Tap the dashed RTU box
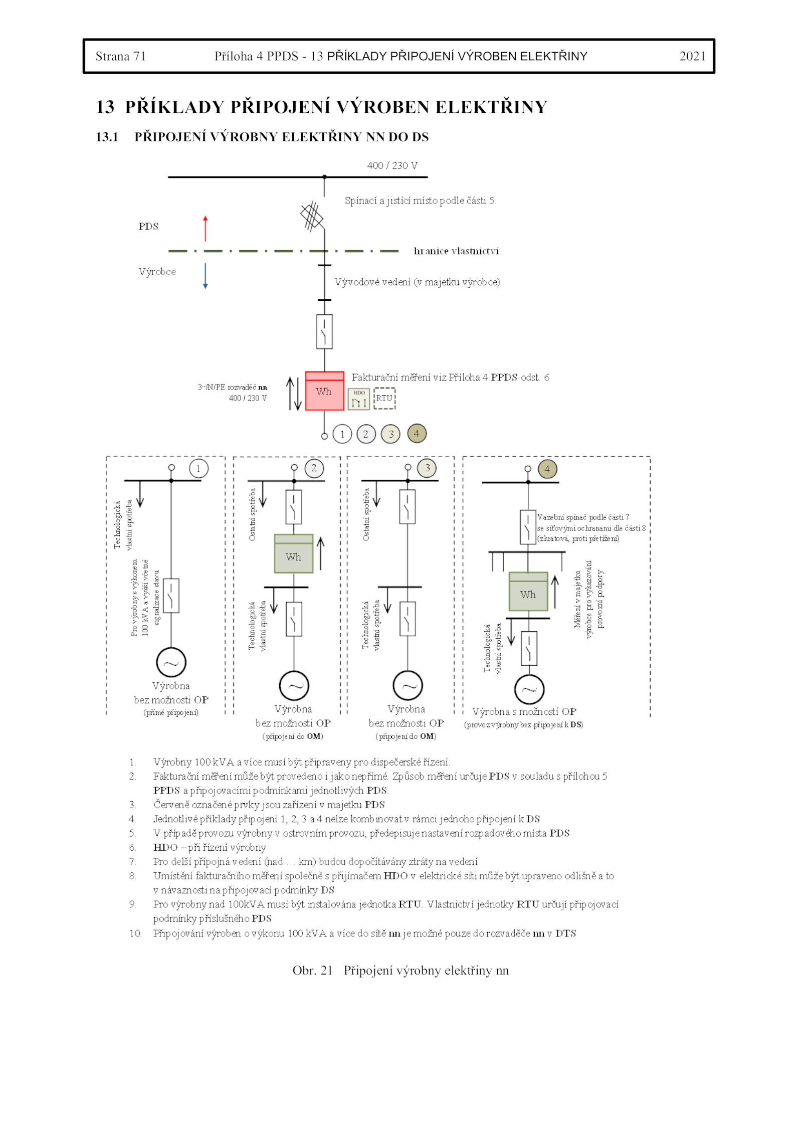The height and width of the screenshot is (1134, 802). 384,398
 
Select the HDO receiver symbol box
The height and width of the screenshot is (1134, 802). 358,399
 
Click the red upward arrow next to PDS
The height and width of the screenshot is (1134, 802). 205,228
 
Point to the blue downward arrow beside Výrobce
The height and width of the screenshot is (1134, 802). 205,275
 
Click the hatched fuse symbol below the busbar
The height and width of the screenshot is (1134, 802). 312,216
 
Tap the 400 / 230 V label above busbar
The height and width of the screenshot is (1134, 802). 392,165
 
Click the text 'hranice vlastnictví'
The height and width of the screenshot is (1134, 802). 456,251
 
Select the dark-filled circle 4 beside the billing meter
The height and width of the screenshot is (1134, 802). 417,434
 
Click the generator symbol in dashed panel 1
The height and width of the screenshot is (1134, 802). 171,662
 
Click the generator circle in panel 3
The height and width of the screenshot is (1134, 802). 408,685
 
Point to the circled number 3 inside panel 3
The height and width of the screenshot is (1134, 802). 427,468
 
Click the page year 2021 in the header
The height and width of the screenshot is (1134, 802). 692,56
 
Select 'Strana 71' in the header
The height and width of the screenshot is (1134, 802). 120,56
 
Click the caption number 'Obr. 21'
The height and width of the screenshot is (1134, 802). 312,971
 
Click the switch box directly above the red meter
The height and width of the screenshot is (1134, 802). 324,331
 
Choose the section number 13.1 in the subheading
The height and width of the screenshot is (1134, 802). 107,137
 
